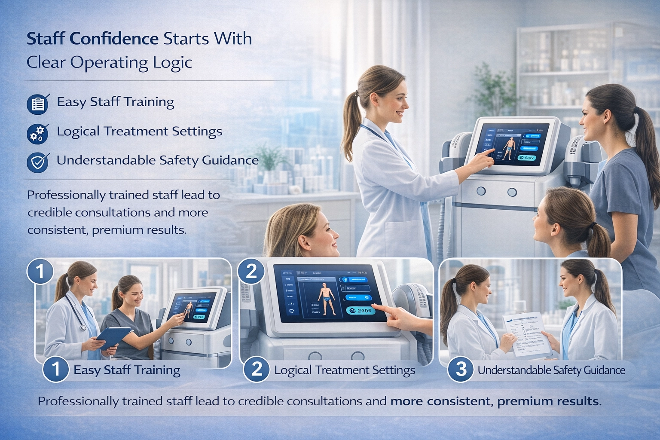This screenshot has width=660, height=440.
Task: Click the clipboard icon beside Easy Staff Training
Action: point(37,104)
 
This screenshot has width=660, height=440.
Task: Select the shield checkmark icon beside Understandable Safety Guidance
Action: point(37,162)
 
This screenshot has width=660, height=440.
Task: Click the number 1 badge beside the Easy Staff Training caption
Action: point(56,370)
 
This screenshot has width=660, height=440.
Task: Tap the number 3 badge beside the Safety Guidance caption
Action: point(461,370)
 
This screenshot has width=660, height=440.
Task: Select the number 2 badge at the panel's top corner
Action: point(251,271)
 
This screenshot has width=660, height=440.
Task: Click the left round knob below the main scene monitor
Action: point(481,191)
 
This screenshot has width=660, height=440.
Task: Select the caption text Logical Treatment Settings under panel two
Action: point(345,370)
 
